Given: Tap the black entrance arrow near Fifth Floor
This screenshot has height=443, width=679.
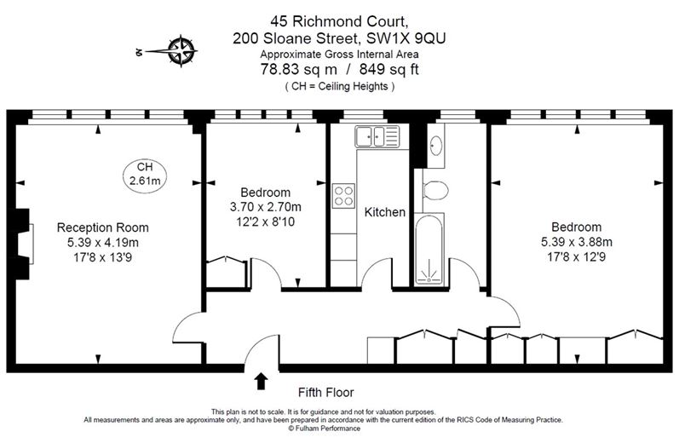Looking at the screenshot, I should pos(262,380).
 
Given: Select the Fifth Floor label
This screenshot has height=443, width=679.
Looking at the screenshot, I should pos(325,393).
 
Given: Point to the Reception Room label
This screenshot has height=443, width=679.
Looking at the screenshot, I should pos(102,227).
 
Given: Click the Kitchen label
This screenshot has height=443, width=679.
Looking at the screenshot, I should pos(385,212).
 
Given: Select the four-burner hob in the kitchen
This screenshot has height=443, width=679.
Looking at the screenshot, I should pos(344,195).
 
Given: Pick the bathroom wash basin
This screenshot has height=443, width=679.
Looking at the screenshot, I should pos(436,147).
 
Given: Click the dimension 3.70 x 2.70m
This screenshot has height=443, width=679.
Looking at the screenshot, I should pos(266,206).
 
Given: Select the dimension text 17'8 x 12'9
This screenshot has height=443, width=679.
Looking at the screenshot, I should pos(576,256).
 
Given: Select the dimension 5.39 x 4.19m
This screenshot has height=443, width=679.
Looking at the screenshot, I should pos(102,242).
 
